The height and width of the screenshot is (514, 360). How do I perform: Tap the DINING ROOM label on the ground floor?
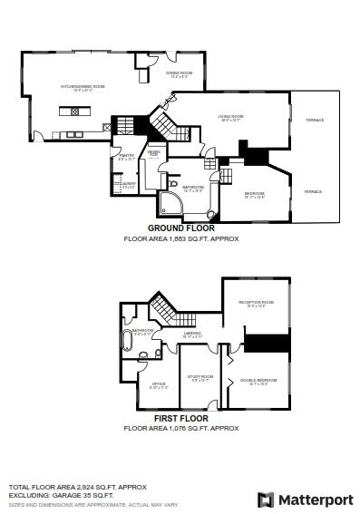coord(180,73)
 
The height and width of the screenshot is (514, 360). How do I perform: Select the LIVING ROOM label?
coord(230,117)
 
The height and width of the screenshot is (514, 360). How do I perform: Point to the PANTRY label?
coord(125,157)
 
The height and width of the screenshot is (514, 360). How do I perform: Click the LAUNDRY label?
coord(126,184)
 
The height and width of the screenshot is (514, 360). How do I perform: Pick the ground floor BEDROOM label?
coord(255,193)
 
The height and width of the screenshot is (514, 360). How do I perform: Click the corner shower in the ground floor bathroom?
coord(170,202)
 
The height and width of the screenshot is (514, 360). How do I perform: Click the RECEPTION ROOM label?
coord(256,303)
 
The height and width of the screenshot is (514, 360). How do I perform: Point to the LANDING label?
coord(192,334)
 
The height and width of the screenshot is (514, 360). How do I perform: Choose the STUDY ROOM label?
coord(200,377)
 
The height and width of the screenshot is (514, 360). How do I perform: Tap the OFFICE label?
coord(158,384)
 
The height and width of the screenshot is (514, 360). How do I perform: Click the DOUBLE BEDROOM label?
coord(259,380)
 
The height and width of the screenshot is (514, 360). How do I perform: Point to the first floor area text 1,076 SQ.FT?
coord(181,427)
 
